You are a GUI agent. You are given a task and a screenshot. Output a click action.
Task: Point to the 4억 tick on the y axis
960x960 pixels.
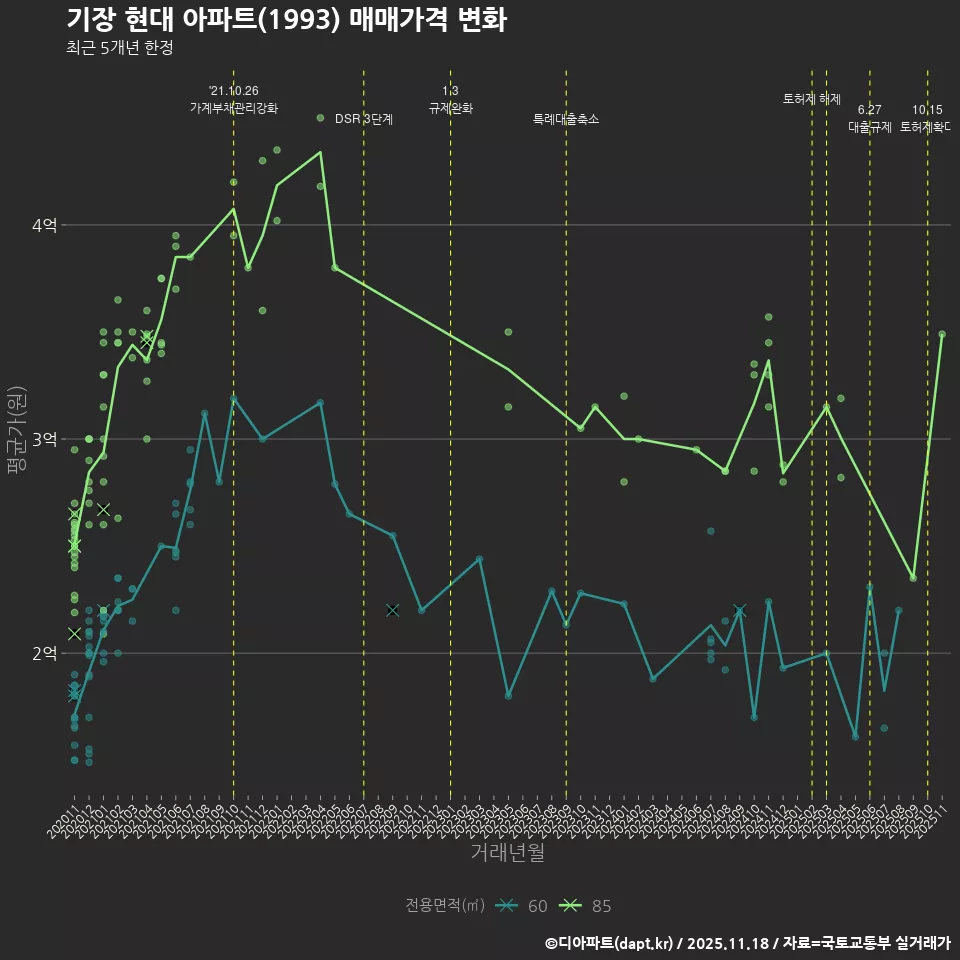tap(43, 226)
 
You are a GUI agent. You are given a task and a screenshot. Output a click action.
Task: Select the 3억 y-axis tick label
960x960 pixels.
tap(43, 440)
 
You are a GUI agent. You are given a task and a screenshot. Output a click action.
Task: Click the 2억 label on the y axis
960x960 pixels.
tap(43, 654)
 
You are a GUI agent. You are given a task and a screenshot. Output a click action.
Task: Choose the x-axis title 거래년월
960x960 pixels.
tap(507, 852)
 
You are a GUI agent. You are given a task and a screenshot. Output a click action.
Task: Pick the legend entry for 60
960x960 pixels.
tap(524, 906)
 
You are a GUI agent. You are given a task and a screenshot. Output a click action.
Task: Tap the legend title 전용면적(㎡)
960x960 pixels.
tap(445, 906)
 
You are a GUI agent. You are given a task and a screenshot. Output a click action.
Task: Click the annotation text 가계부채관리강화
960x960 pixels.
tap(234, 107)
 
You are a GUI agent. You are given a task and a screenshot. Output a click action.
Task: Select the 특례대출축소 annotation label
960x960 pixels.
tap(566, 119)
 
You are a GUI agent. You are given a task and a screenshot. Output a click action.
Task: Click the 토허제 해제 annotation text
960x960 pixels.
tap(812, 99)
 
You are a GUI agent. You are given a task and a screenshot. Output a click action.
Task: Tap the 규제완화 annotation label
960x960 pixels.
tap(450, 107)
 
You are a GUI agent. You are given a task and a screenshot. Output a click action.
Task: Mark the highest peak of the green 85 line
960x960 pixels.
tap(320, 152)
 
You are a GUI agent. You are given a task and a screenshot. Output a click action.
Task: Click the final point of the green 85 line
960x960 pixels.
tap(942, 334)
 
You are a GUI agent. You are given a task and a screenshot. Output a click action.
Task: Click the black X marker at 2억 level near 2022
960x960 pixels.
tap(392, 610)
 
